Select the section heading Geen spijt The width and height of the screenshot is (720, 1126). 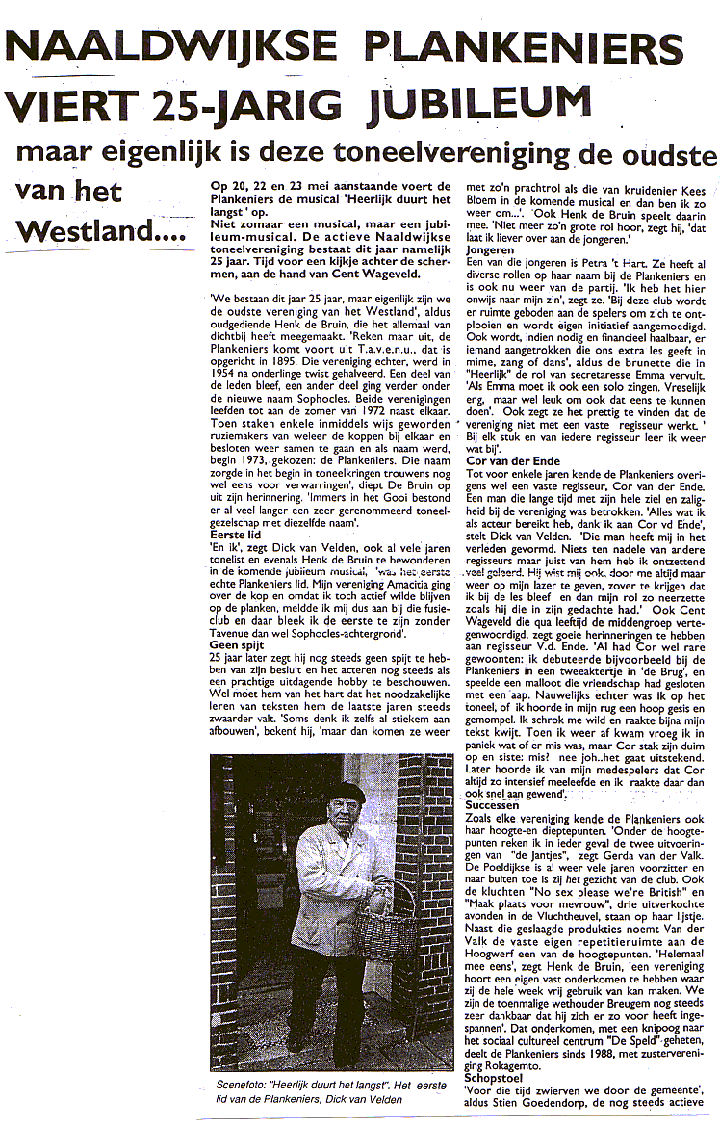tap(238, 644)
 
